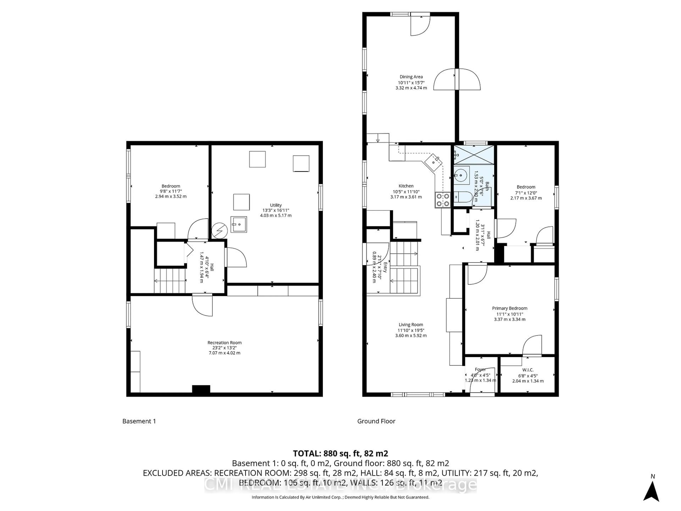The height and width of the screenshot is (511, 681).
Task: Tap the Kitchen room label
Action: (x=406, y=186)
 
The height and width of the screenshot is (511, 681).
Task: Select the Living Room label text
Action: (x=411, y=325)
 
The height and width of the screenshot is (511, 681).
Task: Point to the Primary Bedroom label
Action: (x=510, y=308)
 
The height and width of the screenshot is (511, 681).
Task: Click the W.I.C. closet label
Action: (x=528, y=370)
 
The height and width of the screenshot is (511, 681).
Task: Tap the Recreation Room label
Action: (x=225, y=342)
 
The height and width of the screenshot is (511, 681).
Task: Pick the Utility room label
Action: (x=276, y=205)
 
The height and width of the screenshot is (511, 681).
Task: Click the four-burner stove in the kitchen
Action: (x=442, y=200)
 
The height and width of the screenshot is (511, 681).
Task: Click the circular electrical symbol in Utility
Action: (x=220, y=230)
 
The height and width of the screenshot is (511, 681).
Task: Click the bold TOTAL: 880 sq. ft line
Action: (x=340, y=453)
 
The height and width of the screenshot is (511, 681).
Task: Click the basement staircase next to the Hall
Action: (x=170, y=281)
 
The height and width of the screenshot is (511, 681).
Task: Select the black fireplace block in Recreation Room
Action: (x=201, y=389)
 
